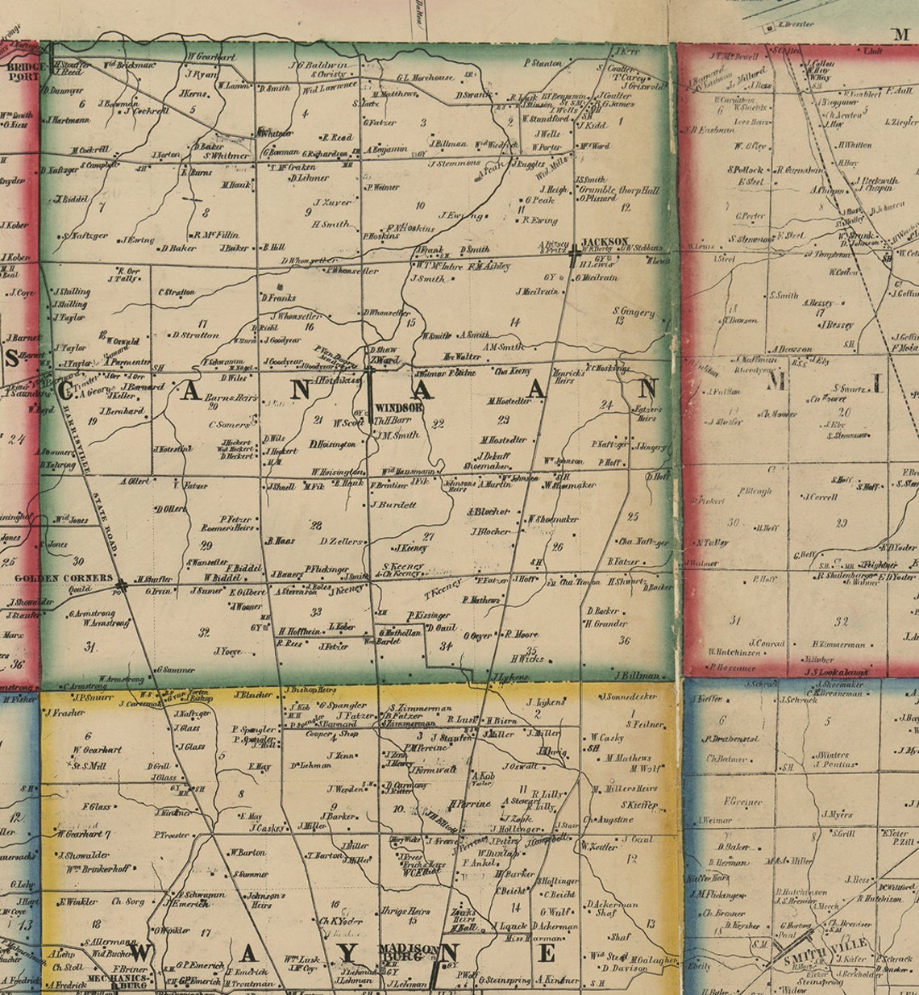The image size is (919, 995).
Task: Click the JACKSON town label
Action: pyautogui.click(x=605, y=241)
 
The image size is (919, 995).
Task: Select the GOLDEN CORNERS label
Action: pyautogui.click(x=64, y=578)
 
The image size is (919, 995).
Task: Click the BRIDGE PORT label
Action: pyautogui.click(x=23, y=73)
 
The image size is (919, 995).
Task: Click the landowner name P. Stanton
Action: pyautogui.click(x=543, y=62)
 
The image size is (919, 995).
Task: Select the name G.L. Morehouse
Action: pyautogui.click(x=424, y=77)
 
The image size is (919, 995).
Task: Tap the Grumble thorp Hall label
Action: pyautogui.click(x=618, y=190)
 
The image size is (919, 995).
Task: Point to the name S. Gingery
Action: pyautogui.click(x=633, y=310)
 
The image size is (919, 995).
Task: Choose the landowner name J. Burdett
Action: pyautogui.click(x=393, y=505)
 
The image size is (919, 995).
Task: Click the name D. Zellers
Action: pyautogui.click(x=341, y=541)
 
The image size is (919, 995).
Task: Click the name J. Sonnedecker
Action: pyautogui.click(x=630, y=695)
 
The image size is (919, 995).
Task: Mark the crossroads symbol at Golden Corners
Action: pyautogui.click(x=121, y=585)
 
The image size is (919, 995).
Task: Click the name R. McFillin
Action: pyautogui.click(x=216, y=234)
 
